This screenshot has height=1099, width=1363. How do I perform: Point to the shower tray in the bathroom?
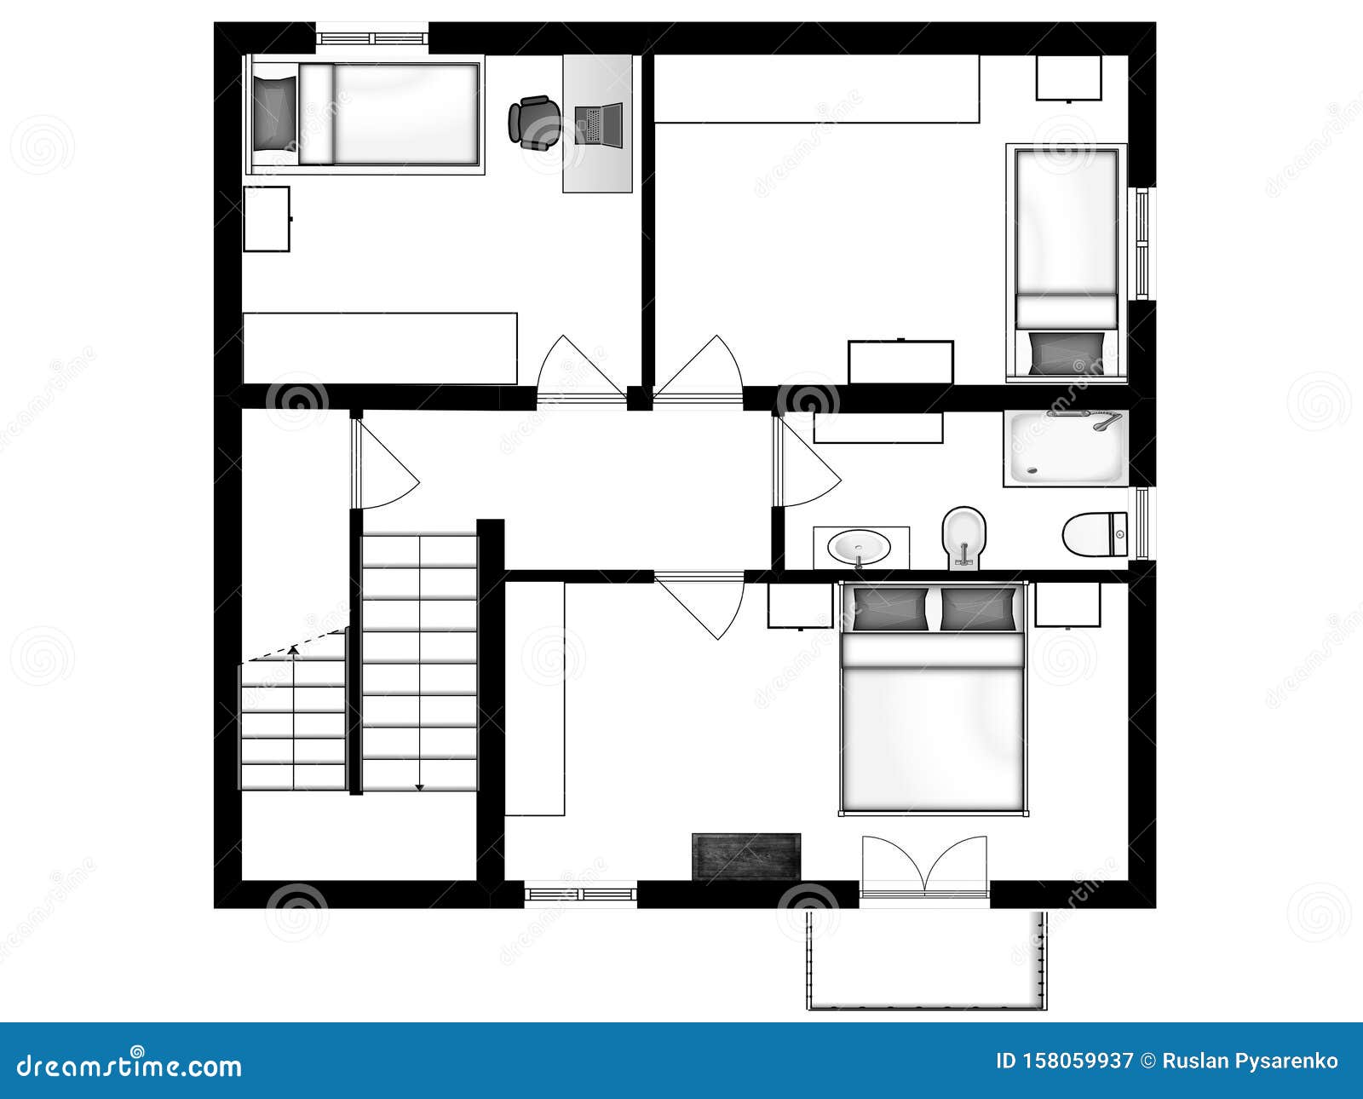click(1066, 449)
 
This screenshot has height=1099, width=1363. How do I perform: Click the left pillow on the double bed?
click(890, 609)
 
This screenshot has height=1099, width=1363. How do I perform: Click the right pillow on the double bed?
click(978, 609)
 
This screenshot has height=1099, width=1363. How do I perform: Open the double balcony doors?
click(925, 867)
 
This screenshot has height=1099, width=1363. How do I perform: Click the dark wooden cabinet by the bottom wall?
click(746, 856)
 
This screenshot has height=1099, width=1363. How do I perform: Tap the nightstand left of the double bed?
click(800, 605)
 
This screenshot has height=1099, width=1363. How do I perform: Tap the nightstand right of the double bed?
click(1067, 604)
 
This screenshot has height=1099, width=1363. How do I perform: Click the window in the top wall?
click(371, 38)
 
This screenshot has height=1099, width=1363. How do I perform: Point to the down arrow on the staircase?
click(419, 785)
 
